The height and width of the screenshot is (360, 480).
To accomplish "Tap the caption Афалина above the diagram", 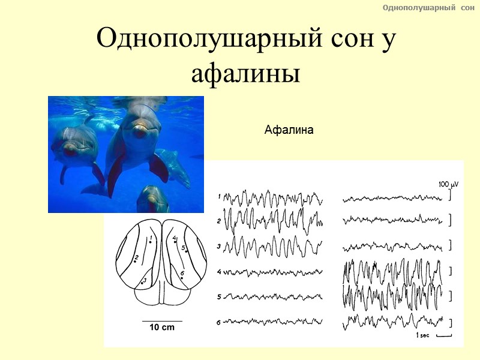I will point(289,130).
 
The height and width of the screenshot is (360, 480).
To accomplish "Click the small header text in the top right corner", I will point(428,7).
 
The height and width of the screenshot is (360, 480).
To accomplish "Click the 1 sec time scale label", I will point(424,335).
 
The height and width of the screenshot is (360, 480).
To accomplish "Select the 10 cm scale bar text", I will point(162,328).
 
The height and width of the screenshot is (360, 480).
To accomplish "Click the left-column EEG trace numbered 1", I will point(273,198).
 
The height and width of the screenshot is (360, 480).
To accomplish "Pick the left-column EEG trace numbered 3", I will point(273,246).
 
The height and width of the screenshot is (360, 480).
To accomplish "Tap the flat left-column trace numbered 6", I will point(273,322).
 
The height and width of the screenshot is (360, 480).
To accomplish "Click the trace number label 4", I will point(219,272).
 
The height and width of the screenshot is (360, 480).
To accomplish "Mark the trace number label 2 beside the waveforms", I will point(219,221).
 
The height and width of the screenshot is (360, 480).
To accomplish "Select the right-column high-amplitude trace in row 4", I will point(393,273).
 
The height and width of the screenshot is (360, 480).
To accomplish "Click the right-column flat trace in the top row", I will point(393,197).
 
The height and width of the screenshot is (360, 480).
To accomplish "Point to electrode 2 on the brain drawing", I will point(136,261).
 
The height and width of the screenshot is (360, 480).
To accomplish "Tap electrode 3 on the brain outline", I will point(142,281).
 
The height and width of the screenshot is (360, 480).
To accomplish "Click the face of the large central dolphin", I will point(140,126).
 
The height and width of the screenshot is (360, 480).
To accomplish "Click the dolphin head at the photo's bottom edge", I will point(152,198).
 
